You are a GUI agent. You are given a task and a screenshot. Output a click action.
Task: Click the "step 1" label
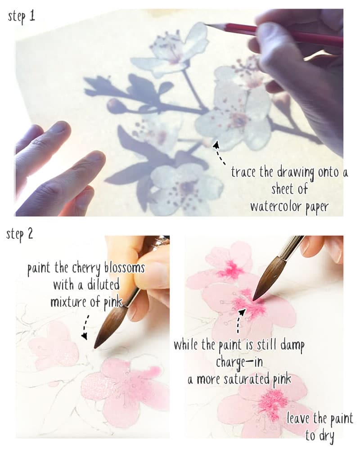[22, 18]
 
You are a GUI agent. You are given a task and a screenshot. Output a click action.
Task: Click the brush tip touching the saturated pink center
[255, 297]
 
